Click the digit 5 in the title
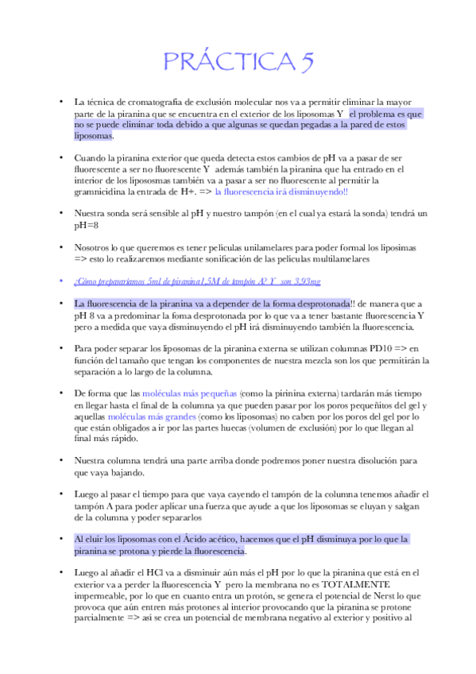click(x=304, y=62)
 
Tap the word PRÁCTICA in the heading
click(x=225, y=62)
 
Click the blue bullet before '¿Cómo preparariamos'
click(x=60, y=281)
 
